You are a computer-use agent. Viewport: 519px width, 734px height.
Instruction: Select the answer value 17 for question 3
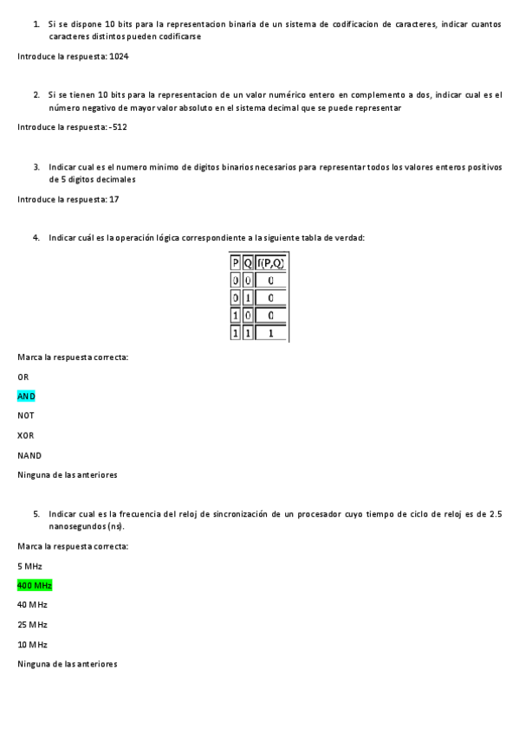pyautogui.click(x=114, y=199)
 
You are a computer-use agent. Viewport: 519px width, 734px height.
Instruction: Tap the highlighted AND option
pyautogui.click(x=26, y=396)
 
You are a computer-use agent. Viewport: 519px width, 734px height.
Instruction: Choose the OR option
pyautogui.click(x=23, y=377)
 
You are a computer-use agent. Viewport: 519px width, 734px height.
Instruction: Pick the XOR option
pyautogui.click(x=26, y=435)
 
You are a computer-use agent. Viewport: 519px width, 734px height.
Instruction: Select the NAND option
pyautogui.click(x=29, y=455)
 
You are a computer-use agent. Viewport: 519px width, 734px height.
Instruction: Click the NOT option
pyautogui.click(x=26, y=415)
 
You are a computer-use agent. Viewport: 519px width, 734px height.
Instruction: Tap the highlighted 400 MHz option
pyautogui.click(x=35, y=585)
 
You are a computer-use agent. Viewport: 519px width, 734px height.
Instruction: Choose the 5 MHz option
pyautogui.click(x=29, y=565)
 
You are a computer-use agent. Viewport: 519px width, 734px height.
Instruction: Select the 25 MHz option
pyautogui.click(x=32, y=624)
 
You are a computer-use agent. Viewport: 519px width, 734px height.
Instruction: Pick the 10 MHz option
pyautogui.click(x=32, y=644)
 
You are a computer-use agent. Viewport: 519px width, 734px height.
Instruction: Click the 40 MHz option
pyautogui.click(x=32, y=604)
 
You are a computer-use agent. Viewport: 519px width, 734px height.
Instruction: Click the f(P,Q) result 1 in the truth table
pyautogui.click(x=271, y=332)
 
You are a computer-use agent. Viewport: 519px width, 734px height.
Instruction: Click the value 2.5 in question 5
pyautogui.click(x=495, y=514)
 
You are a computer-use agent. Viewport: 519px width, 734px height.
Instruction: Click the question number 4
pyautogui.click(x=36, y=237)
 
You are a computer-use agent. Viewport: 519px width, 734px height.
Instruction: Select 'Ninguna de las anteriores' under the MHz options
pyautogui.click(x=68, y=664)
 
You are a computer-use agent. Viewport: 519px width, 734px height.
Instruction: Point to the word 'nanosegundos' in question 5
pyautogui.click(x=76, y=525)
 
